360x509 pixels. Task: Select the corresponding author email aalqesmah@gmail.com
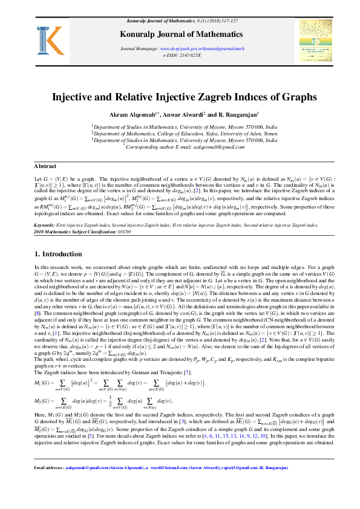(216, 146)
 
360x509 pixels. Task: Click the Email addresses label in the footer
(49, 485)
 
